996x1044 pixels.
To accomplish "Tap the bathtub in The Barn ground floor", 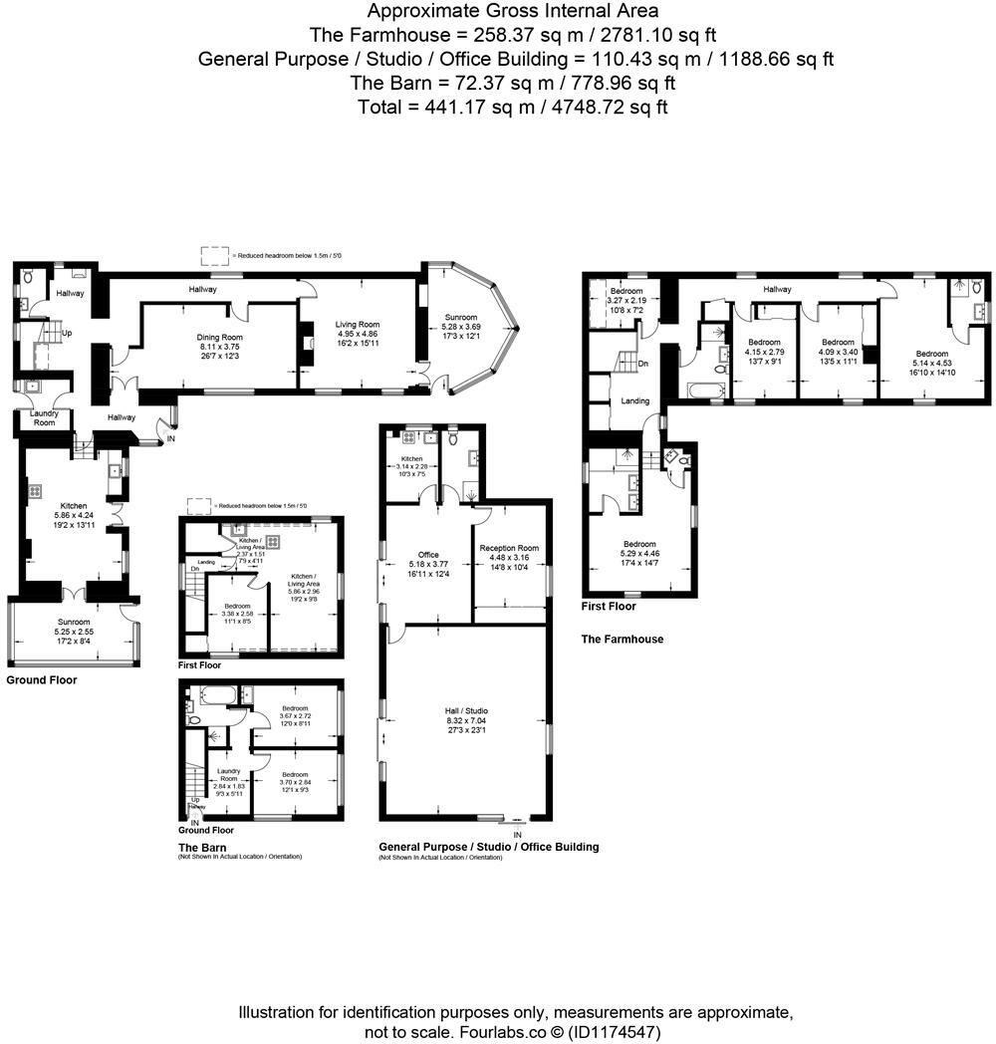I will point(215,695).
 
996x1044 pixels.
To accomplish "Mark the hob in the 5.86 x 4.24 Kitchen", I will point(35,489).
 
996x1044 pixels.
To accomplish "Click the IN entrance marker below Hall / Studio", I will point(517,834).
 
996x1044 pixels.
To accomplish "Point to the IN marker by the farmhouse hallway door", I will point(170,437).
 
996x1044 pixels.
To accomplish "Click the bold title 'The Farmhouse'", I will point(622,640).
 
